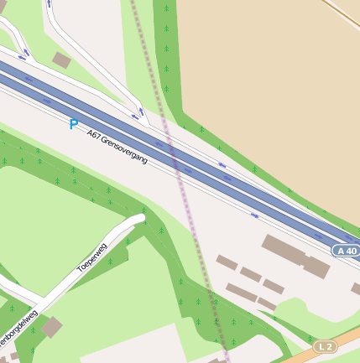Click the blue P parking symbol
tap(73, 124)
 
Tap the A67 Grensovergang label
tap(117, 146)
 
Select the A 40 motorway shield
tap(345, 251)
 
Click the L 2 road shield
tap(325, 346)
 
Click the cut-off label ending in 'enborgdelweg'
tap(18, 330)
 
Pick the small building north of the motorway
tap(61, 60)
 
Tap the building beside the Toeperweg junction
tap(51, 326)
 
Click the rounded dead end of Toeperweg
tap(139, 219)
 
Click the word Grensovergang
tap(123, 149)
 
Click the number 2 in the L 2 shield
tap(329, 346)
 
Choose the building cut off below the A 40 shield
tap(356, 289)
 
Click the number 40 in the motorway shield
tap(349, 251)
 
